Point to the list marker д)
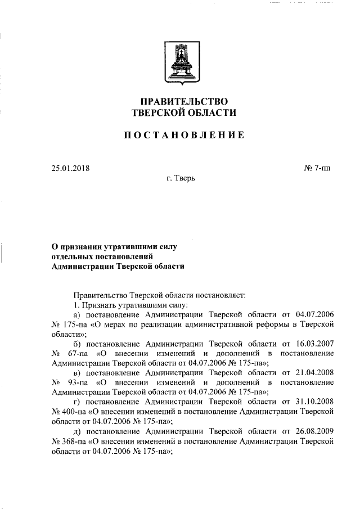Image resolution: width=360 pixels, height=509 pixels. [78, 431]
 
